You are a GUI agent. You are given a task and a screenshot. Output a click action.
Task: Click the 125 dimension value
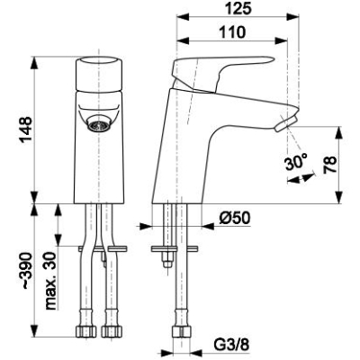[238, 8]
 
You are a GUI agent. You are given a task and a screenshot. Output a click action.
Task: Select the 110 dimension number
[232, 31]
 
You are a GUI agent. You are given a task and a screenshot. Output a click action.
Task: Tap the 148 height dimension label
[25, 130]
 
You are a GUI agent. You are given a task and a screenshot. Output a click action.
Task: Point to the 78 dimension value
[329, 165]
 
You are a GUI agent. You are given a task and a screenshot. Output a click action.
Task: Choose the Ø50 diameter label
[234, 218]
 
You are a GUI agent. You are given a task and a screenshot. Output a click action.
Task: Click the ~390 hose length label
[25, 271]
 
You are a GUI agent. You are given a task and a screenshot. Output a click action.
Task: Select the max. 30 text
[50, 281]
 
